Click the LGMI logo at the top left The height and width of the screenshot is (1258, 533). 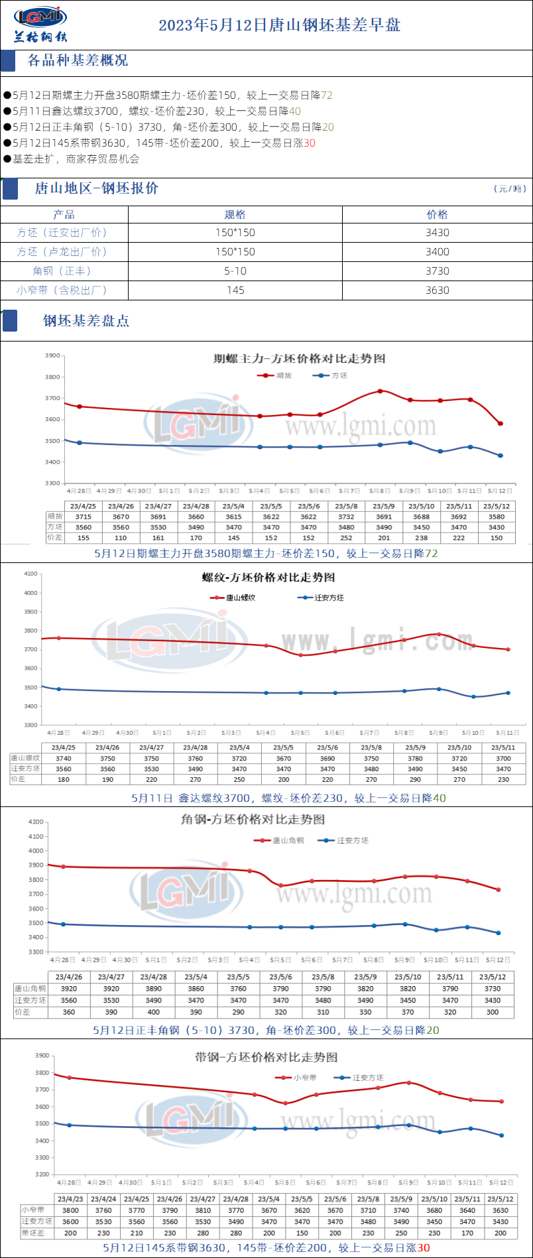pyautogui.click(x=40, y=25)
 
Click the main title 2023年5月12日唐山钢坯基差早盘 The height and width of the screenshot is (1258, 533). pyautogui.click(x=279, y=25)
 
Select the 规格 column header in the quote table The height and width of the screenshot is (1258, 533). pyautogui.click(x=235, y=214)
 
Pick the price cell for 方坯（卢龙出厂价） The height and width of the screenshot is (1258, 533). pyautogui.click(x=437, y=252)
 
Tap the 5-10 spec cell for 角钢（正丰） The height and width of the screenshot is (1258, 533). pyautogui.click(x=235, y=271)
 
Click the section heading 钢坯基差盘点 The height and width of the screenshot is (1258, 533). pyautogui.click(x=86, y=321)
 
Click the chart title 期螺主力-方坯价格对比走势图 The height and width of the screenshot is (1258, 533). pyautogui.click(x=299, y=359)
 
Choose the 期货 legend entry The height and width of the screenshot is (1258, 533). pyautogui.click(x=275, y=375)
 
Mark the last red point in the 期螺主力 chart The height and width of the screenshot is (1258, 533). pyautogui.click(x=501, y=424)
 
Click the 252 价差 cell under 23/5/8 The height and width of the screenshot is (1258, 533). pyautogui.click(x=346, y=538)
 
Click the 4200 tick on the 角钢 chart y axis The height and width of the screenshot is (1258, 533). pyautogui.click(x=35, y=822)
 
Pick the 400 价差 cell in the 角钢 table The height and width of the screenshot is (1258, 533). pyautogui.click(x=154, y=1012)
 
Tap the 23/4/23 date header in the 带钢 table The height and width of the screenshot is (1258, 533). pyautogui.click(x=70, y=1198)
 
